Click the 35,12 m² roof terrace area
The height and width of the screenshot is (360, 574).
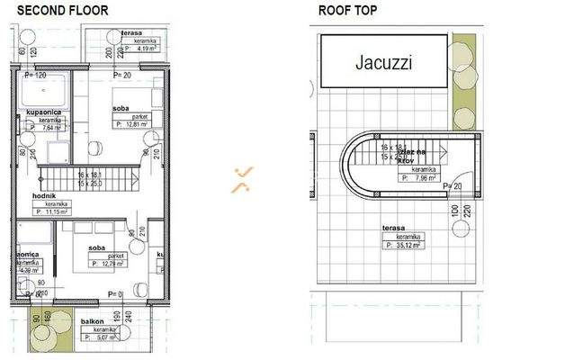coord(404,244)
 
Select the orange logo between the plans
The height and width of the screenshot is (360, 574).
coord(241,179)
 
